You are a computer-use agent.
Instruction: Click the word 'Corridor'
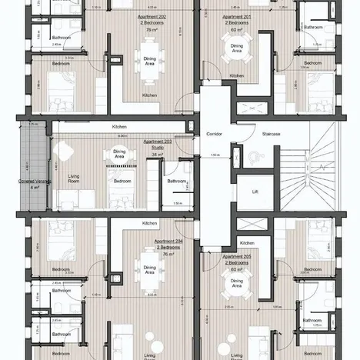coord(214,134)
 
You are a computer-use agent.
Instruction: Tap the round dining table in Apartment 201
coord(237,49)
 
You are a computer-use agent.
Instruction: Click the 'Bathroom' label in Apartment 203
coord(176,182)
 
